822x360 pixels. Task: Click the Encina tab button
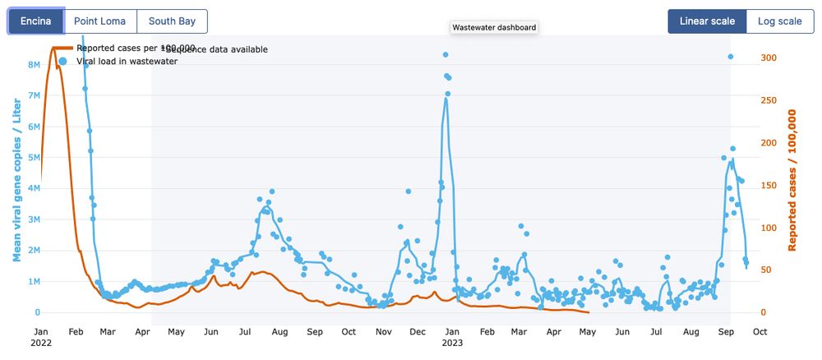coord(36,21)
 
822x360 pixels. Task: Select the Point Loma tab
coord(100,21)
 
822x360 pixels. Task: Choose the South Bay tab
coord(172,21)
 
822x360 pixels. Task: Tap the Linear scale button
coord(707,21)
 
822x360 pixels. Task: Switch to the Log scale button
coord(779,21)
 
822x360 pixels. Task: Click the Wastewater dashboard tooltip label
coord(494,27)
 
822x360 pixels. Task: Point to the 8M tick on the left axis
coord(34,64)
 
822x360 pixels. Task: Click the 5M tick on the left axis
coord(34,157)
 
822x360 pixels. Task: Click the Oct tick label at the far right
coord(760,332)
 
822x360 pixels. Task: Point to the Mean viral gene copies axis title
coord(16,177)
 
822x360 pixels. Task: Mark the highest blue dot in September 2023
coord(730,57)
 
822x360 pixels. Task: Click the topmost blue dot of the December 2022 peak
coord(445,55)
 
